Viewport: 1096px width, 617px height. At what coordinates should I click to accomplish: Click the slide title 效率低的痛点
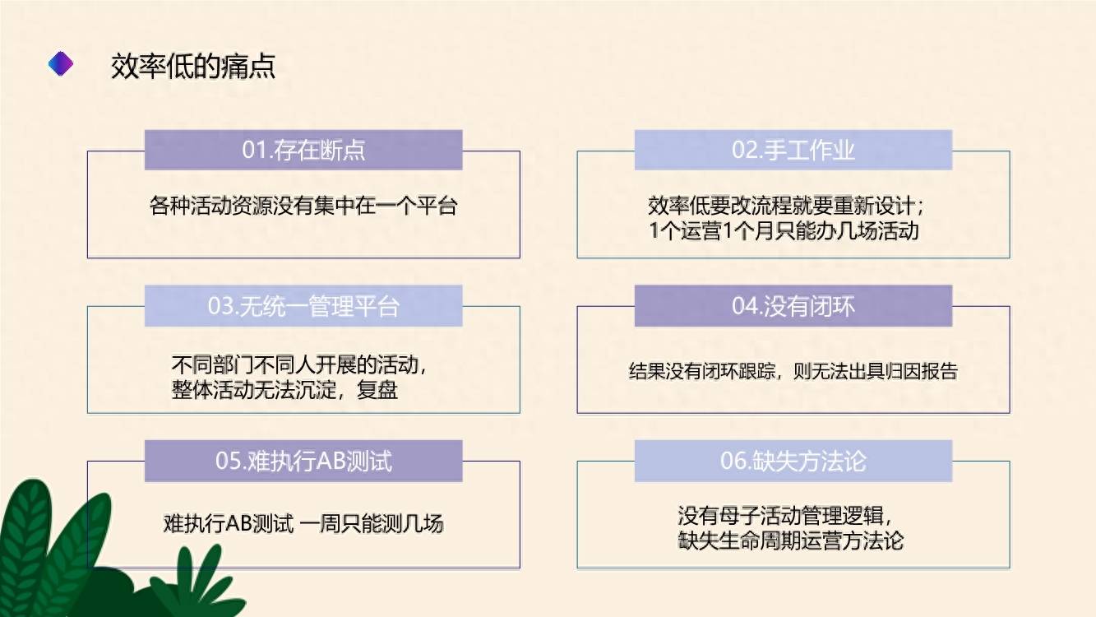(193, 66)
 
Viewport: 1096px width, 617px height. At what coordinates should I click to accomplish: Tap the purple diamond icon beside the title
(61, 63)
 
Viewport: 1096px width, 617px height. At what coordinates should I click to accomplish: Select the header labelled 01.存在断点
(303, 150)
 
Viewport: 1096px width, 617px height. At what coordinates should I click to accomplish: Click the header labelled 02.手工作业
(793, 150)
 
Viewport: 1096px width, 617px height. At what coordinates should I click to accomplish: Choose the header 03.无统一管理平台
(303, 306)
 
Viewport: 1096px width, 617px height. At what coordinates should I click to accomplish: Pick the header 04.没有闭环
(793, 306)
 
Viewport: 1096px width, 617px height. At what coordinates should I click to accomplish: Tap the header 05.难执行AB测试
(303, 461)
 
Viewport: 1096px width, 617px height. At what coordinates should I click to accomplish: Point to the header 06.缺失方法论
(793, 461)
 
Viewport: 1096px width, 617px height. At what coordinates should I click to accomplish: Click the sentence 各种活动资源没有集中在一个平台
(303, 206)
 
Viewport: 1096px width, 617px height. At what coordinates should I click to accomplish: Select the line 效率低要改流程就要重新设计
(786, 206)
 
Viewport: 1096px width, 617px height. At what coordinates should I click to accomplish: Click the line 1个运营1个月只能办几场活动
(784, 231)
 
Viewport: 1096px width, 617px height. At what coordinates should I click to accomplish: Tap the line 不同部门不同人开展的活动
(299, 364)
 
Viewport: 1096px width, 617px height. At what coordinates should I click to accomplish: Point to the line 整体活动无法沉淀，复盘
(284, 390)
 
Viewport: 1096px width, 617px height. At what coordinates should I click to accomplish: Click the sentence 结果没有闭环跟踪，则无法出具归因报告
(793, 371)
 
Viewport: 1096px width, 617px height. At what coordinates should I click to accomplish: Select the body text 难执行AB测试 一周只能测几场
(303, 523)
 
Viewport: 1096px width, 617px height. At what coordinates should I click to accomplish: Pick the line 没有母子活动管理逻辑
(785, 516)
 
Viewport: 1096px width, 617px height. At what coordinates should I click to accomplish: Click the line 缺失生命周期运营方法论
(791, 541)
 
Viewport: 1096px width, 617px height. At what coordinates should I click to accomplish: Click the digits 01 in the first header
(254, 150)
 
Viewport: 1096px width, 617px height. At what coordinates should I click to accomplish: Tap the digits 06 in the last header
(733, 462)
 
